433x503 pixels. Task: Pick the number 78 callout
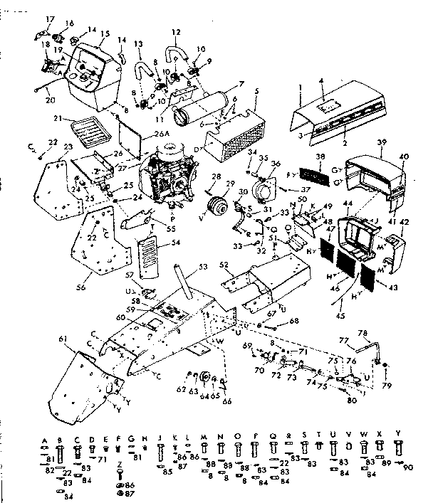[362, 333]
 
